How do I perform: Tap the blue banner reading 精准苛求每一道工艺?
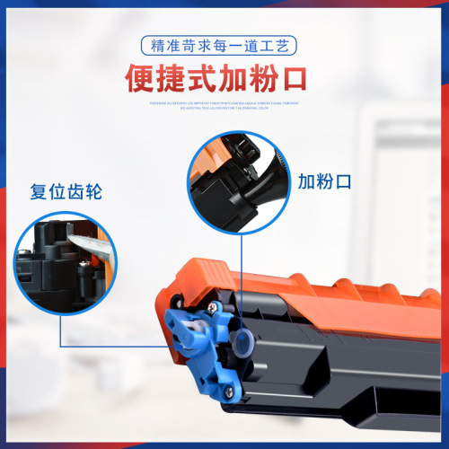(224, 44)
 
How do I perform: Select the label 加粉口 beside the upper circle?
(324, 182)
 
